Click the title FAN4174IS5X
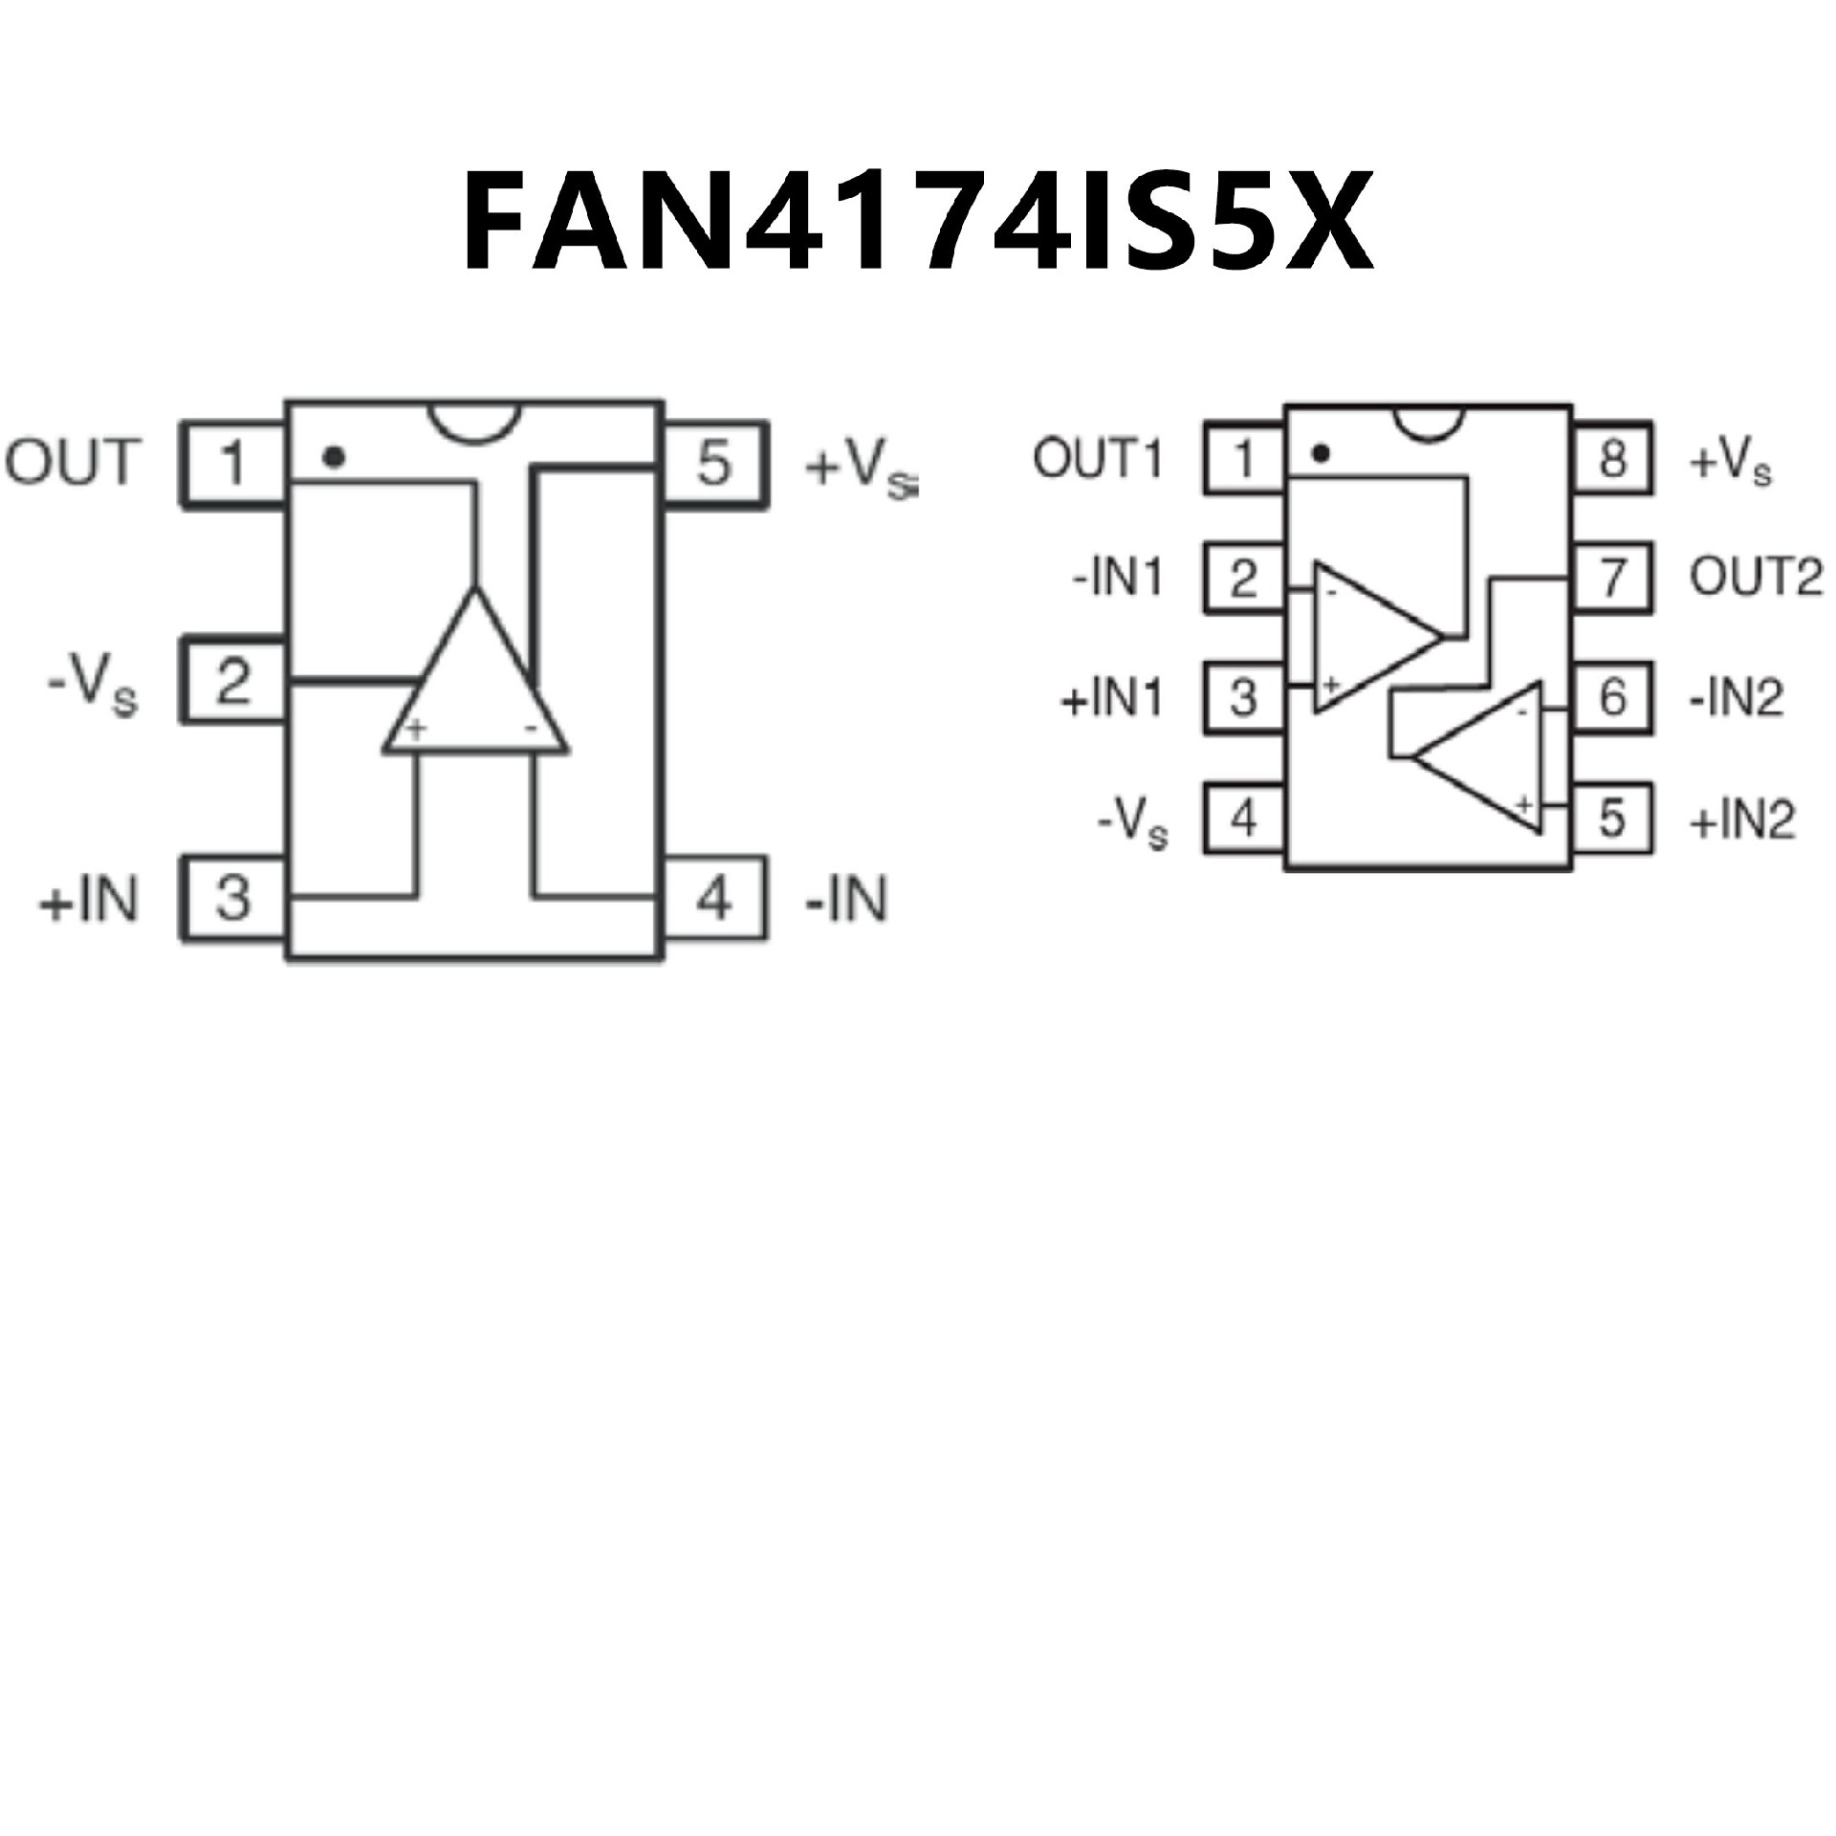point(916,223)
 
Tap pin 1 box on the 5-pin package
point(234,464)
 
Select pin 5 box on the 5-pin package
point(715,464)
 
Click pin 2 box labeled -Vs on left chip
point(234,680)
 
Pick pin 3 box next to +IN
point(234,898)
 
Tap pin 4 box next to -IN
point(715,898)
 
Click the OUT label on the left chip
point(73,463)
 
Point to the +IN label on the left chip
point(88,900)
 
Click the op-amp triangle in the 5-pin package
point(475,688)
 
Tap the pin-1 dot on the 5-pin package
point(333,458)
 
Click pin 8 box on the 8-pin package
point(1612,459)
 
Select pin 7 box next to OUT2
point(1612,578)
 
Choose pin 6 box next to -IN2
point(1612,696)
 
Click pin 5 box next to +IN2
point(1612,818)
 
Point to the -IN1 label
point(1116,579)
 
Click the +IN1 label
point(1112,698)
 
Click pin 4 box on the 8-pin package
point(1243,818)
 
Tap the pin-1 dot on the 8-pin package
point(1321,454)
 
